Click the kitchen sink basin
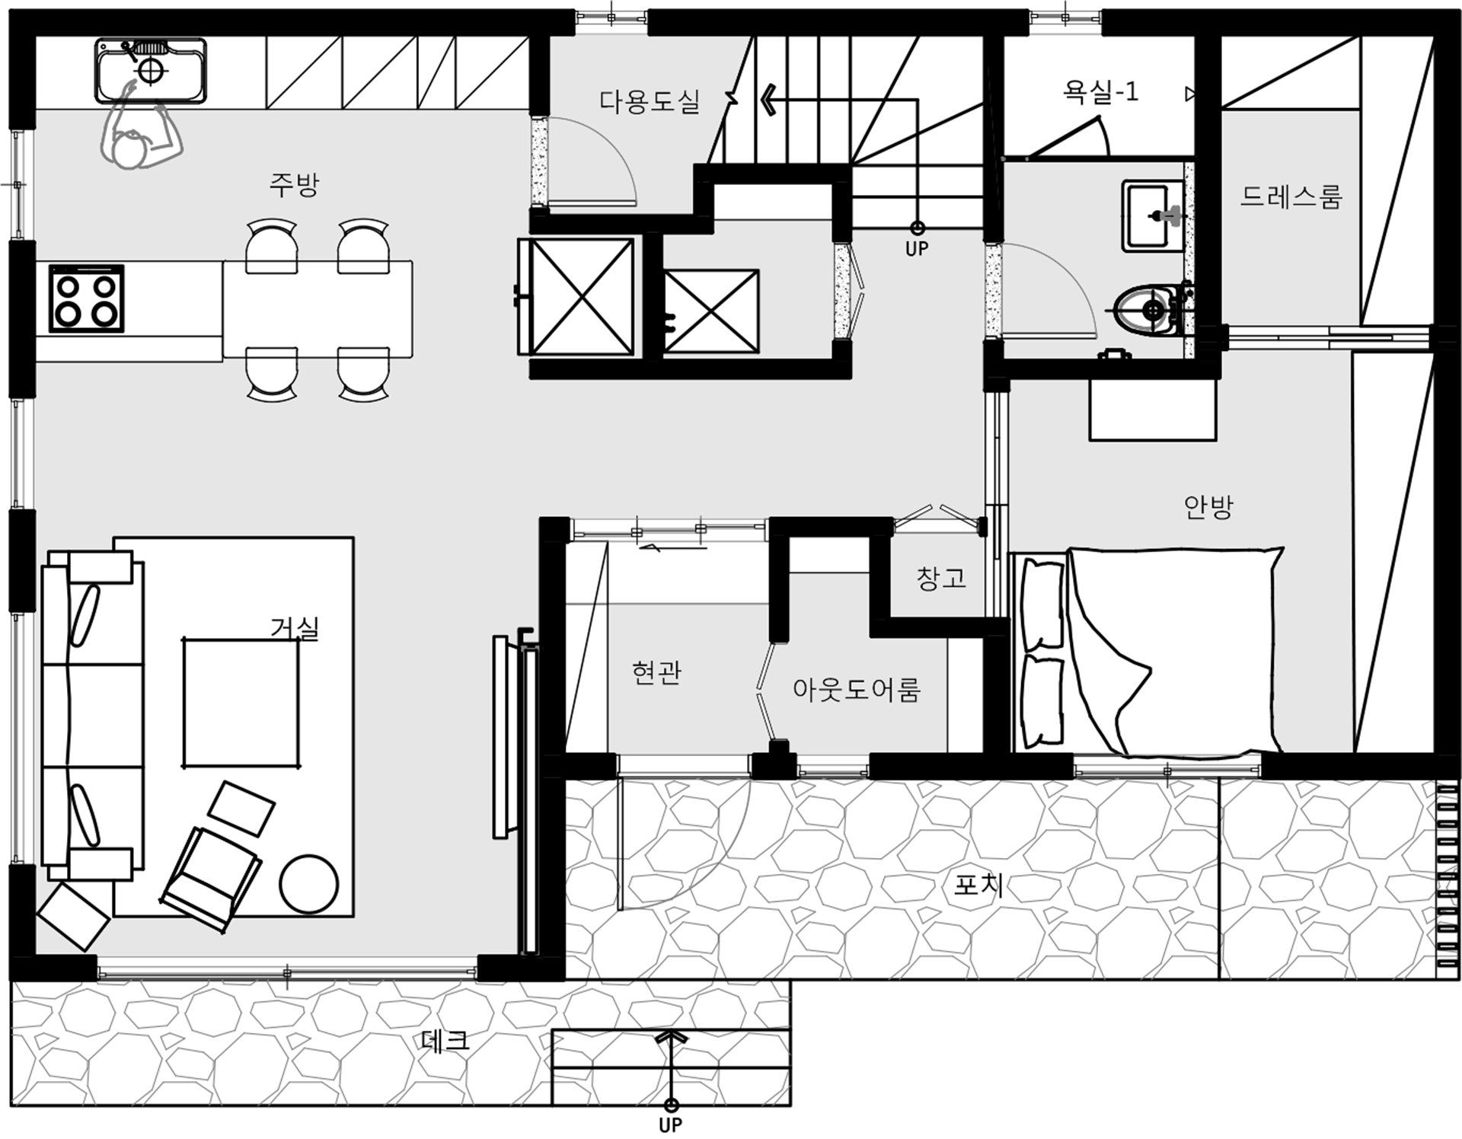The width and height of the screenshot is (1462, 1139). pos(151,71)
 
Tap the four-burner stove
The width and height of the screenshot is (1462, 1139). pos(86,298)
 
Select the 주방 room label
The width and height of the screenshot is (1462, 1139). pos(294,184)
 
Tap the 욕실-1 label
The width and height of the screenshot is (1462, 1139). pos(1100,92)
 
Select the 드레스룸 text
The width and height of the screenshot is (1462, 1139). pos(1291,196)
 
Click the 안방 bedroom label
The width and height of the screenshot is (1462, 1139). pos(1208,506)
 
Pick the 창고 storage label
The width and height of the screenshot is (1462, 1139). pos(941,579)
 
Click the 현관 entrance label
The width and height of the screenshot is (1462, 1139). pos(656,672)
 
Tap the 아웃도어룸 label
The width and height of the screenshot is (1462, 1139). pos(857,689)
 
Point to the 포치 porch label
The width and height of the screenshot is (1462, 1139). pos(978,885)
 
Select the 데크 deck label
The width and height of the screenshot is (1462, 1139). pos(445,1041)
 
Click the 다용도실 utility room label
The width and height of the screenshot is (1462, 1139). pos(650,101)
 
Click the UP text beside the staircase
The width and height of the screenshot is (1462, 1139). pos(917,249)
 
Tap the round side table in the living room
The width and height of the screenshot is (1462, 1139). pos(308,883)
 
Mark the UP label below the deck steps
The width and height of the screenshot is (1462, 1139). pos(670,1125)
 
